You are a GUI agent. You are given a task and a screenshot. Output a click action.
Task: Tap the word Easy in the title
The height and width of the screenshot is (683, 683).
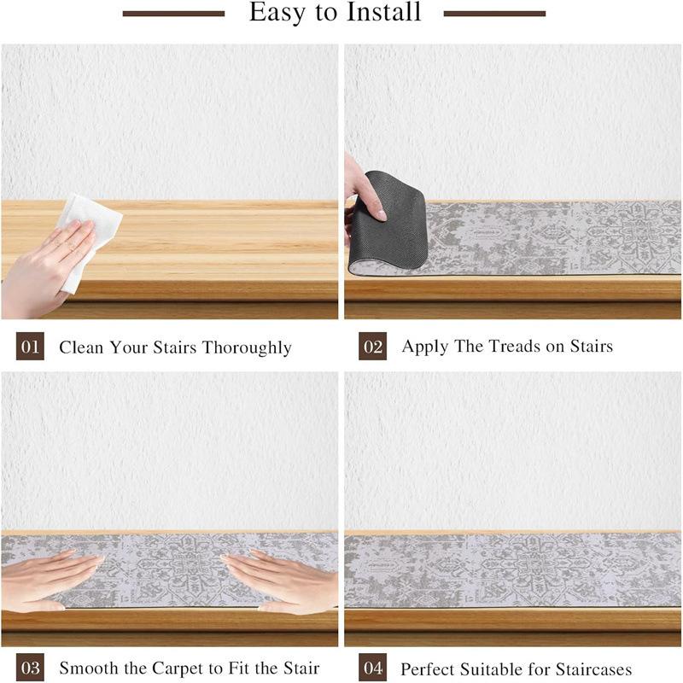277,13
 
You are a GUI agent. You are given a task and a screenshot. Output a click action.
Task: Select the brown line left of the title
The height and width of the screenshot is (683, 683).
174,14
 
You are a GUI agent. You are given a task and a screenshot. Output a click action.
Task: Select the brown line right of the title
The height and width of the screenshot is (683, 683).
494,14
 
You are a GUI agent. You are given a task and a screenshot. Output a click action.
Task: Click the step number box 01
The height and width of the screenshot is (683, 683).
30,347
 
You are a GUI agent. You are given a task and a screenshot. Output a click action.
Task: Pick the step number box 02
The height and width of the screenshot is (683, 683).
372,347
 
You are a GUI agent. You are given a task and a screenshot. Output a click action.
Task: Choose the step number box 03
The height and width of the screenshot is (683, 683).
30,668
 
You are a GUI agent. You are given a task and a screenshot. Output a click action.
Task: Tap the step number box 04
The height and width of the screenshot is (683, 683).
372,668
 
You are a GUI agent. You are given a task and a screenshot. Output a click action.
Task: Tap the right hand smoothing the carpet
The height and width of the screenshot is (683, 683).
283,581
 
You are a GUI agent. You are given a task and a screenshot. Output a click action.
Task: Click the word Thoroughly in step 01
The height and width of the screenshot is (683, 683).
247,348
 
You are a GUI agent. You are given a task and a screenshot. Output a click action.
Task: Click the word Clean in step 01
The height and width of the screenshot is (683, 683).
81,347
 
